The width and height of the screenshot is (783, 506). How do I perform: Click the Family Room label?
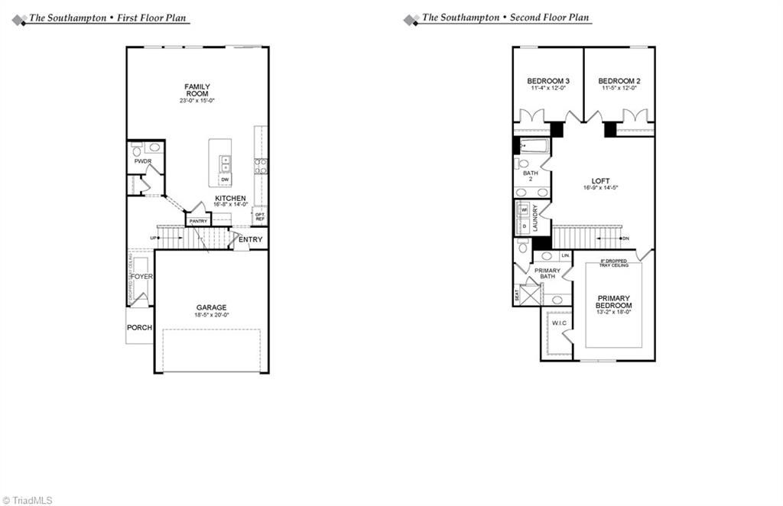pos(197,90)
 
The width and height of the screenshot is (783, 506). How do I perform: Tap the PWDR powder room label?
pos(142,162)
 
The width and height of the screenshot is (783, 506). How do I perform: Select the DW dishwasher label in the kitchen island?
pos(225,180)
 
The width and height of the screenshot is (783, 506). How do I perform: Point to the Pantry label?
pos(198,221)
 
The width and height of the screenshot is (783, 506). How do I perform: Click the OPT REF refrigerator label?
pos(259,216)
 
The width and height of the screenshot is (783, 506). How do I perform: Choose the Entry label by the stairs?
pos(250,239)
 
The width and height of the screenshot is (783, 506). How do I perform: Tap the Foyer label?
pos(141,277)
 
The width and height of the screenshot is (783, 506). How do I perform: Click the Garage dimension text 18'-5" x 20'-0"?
pos(211,315)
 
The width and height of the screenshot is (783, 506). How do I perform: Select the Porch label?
pos(140,328)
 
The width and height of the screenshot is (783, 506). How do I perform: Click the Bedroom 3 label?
pos(548,81)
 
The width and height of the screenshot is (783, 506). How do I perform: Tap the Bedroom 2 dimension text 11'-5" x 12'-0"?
pos(619,89)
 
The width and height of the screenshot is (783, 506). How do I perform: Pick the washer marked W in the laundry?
pos(525,210)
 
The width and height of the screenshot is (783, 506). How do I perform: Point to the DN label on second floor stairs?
pos(625,238)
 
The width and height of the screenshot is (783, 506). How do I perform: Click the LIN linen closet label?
pos(566,255)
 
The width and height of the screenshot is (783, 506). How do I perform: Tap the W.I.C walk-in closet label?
pos(559,323)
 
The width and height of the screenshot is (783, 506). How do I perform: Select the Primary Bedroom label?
pos(614,302)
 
